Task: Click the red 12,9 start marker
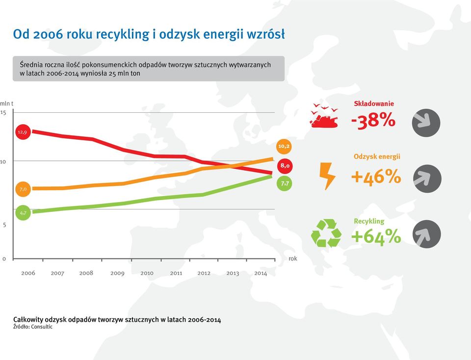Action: coord(23,132)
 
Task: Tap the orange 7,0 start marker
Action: coord(23,189)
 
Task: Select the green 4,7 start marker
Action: coord(23,213)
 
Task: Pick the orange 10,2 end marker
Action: coord(284,146)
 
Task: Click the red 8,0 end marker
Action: coord(285,165)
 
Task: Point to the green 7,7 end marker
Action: coord(284,183)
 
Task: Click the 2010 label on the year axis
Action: coord(147,273)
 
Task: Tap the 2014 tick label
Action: coord(261,273)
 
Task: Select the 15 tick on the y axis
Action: coord(3,113)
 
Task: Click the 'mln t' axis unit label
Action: coord(6,103)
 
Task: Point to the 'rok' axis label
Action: coord(293,258)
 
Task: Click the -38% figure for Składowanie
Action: coord(373,120)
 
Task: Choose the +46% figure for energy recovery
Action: coord(376,176)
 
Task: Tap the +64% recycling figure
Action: coord(376,236)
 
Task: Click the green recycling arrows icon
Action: coord(326,233)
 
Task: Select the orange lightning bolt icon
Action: coord(327,176)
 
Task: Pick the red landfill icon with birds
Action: coord(324,116)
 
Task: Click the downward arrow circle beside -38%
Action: coord(426,123)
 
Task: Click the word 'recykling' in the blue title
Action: coord(123,34)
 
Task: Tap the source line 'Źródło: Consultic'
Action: coord(33,327)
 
